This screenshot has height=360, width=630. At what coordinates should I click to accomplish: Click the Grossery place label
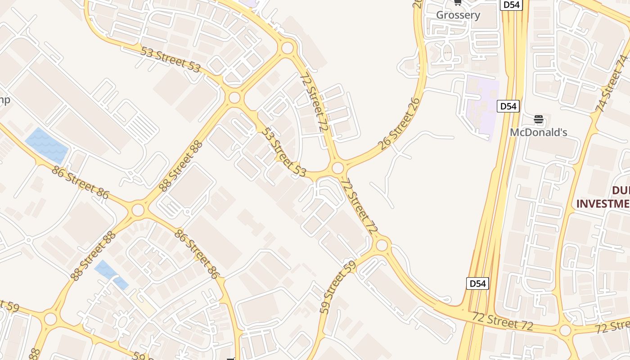pyautogui.click(x=458, y=15)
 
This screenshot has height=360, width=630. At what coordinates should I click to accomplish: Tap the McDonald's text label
pyautogui.click(x=538, y=132)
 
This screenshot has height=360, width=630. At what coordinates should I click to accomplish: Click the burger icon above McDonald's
pyautogui.click(x=539, y=120)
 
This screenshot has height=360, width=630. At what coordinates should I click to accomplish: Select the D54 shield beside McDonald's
pyautogui.click(x=508, y=106)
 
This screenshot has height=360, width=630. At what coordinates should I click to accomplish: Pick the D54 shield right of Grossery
pyautogui.click(x=511, y=5)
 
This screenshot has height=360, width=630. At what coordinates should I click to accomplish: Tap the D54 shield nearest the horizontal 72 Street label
pyautogui.click(x=477, y=283)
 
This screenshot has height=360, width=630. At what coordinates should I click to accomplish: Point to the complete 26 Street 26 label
pyautogui.click(x=400, y=123)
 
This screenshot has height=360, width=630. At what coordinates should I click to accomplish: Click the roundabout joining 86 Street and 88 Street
pyautogui.click(x=138, y=210)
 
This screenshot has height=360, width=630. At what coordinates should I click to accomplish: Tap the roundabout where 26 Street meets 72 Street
pyautogui.click(x=338, y=168)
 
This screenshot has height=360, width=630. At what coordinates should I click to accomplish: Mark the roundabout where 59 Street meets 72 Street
pyautogui.click(x=382, y=245)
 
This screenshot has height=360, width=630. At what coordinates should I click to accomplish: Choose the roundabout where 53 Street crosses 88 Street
pyautogui.click(x=234, y=98)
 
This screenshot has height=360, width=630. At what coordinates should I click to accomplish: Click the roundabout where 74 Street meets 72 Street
pyautogui.click(x=565, y=330)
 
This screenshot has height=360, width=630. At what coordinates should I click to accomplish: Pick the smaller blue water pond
pyautogui.click(x=111, y=274)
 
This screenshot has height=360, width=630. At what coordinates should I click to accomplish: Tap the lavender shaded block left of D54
pyautogui.click(x=482, y=106)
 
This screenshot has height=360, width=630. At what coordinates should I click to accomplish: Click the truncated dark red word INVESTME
pyautogui.click(x=603, y=203)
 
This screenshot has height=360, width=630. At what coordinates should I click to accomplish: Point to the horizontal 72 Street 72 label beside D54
pyautogui.click(x=503, y=321)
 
